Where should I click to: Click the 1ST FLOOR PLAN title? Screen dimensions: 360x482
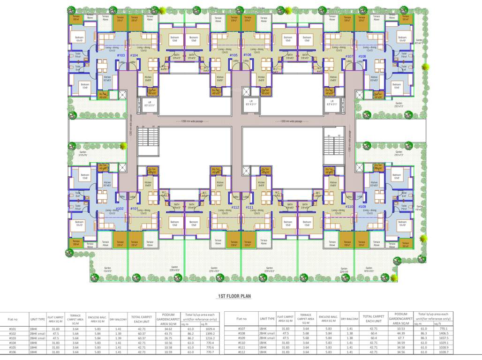click(x=234, y=296)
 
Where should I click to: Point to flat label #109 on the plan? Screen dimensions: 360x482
click(x=362, y=207)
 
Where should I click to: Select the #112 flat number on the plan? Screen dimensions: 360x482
click(x=235, y=207)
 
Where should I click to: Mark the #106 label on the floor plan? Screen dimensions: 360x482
click(x=248, y=55)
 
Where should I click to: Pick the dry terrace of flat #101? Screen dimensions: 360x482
click(x=151, y=170)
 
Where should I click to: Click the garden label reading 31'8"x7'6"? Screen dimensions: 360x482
click(x=83, y=153)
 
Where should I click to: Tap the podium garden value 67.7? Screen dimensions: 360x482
click(x=401, y=337)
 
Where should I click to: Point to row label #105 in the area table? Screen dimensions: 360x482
click(x=13, y=347)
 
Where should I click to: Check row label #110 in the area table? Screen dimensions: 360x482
click(x=241, y=342)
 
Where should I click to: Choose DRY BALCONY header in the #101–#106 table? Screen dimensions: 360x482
click(x=118, y=319)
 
